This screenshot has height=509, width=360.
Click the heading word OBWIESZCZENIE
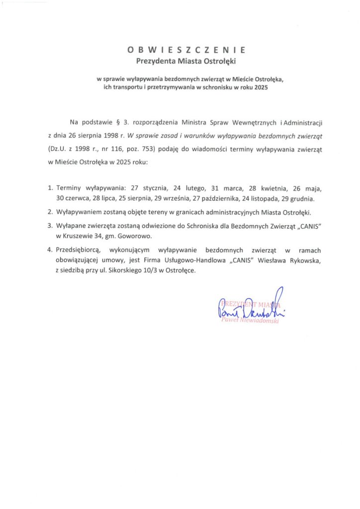186,50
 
